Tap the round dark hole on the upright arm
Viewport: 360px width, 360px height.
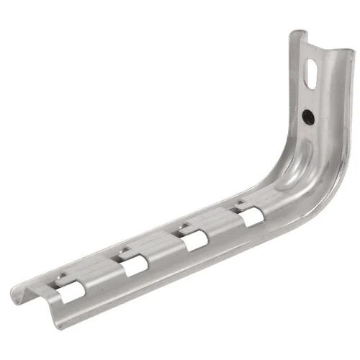307,115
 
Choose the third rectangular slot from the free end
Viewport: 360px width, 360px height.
193,239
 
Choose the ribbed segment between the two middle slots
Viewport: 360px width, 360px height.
162,245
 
